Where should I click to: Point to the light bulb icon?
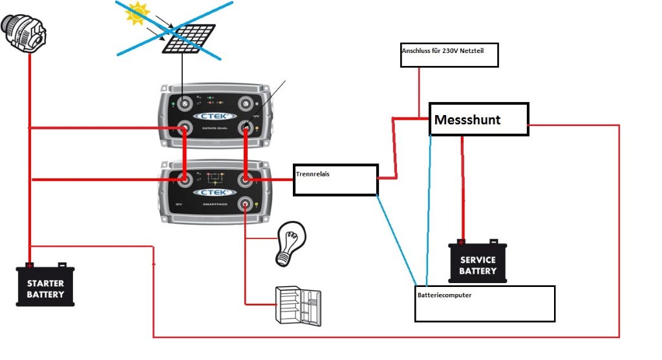(289, 244)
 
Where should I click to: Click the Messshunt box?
(479, 119)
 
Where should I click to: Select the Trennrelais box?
(335, 180)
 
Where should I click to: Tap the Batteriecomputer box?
(486, 303)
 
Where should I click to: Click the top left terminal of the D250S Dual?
(185, 103)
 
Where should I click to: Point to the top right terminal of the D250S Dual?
(246, 103)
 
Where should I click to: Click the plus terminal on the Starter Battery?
(29, 264)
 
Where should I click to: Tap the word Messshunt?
(467, 120)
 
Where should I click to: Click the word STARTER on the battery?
(45, 283)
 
